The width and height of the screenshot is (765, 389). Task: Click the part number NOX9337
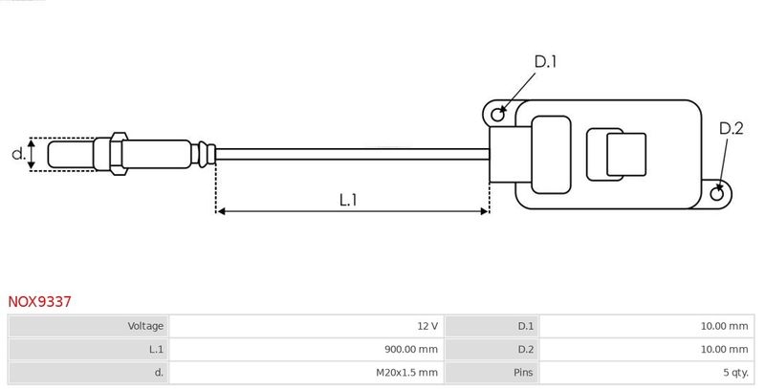click(x=40, y=301)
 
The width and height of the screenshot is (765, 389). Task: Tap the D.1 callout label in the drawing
click(x=545, y=62)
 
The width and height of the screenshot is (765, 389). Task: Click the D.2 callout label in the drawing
click(x=731, y=128)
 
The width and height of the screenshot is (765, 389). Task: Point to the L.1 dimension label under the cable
click(x=348, y=200)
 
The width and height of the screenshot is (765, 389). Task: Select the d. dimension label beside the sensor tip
click(x=17, y=153)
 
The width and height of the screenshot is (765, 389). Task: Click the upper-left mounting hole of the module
click(x=497, y=115)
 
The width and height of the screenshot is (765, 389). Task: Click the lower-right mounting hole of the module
click(x=718, y=194)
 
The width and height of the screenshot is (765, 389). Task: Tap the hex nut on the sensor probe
click(x=118, y=154)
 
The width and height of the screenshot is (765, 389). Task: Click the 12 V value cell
click(x=427, y=326)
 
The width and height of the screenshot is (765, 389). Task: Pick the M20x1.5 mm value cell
click(x=406, y=372)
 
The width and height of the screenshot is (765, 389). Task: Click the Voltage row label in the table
click(x=145, y=326)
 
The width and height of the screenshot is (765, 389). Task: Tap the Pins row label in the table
click(x=523, y=372)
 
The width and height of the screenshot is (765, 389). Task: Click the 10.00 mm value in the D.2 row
click(x=724, y=349)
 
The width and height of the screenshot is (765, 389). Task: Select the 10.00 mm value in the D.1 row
click(x=724, y=326)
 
